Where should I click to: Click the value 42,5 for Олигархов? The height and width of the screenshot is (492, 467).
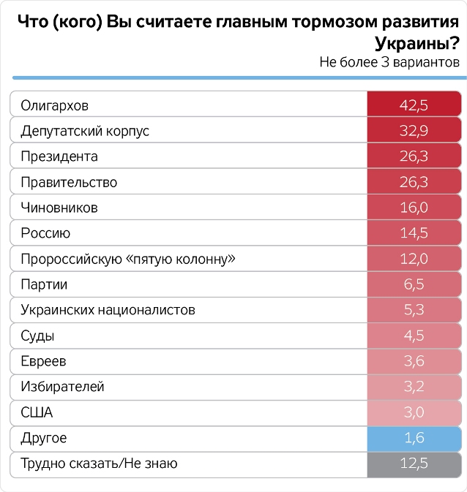(414, 105)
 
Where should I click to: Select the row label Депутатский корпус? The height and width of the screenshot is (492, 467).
(85, 131)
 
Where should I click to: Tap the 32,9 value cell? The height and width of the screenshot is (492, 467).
(414, 131)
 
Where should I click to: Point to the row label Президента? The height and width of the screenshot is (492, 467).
(59, 156)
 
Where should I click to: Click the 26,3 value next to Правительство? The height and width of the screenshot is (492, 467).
(414, 182)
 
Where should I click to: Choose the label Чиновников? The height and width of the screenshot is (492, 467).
(59, 208)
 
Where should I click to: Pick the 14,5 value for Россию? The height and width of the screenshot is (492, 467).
(414, 233)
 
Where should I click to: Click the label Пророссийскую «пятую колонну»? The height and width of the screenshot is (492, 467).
(128, 259)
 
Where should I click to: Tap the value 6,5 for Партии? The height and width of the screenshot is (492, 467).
(414, 284)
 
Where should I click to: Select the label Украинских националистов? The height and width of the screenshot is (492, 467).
(108, 310)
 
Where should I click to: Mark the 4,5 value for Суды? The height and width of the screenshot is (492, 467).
(414, 336)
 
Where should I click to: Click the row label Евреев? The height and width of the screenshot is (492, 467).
(44, 361)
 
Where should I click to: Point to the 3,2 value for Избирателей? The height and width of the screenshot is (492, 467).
(414, 387)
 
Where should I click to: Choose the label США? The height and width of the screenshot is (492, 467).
(37, 412)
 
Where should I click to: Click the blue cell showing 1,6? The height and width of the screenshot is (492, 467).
(414, 438)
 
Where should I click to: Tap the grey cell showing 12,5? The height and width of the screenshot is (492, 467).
(414, 463)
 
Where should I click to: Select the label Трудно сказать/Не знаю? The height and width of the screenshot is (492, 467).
(100, 463)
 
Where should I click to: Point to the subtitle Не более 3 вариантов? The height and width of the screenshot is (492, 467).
(389, 62)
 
